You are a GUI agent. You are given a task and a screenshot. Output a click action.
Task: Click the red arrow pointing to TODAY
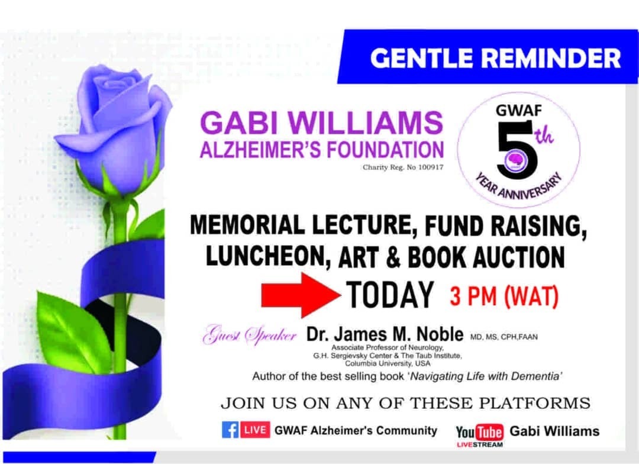click(x=301, y=295)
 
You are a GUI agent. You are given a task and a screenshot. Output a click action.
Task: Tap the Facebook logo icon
click(x=230, y=430)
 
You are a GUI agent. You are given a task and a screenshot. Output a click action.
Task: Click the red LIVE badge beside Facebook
click(x=255, y=430)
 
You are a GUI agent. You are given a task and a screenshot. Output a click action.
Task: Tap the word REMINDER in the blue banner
click(x=551, y=58)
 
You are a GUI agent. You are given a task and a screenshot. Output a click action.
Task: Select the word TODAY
click(x=390, y=295)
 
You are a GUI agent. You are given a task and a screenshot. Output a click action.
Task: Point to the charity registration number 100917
click(x=430, y=167)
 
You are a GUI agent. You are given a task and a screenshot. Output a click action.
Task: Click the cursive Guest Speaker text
click(x=250, y=334)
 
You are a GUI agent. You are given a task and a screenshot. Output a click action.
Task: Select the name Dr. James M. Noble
click(x=385, y=334)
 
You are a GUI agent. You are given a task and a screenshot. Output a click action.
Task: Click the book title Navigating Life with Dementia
click(x=485, y=376)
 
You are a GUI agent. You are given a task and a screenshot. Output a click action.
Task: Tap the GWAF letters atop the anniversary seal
click(x=519, y=110)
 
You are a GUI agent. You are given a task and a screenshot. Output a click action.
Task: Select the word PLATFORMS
click(x=534, y=403)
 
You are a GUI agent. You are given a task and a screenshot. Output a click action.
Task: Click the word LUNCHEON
click(x=265, y=257)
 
